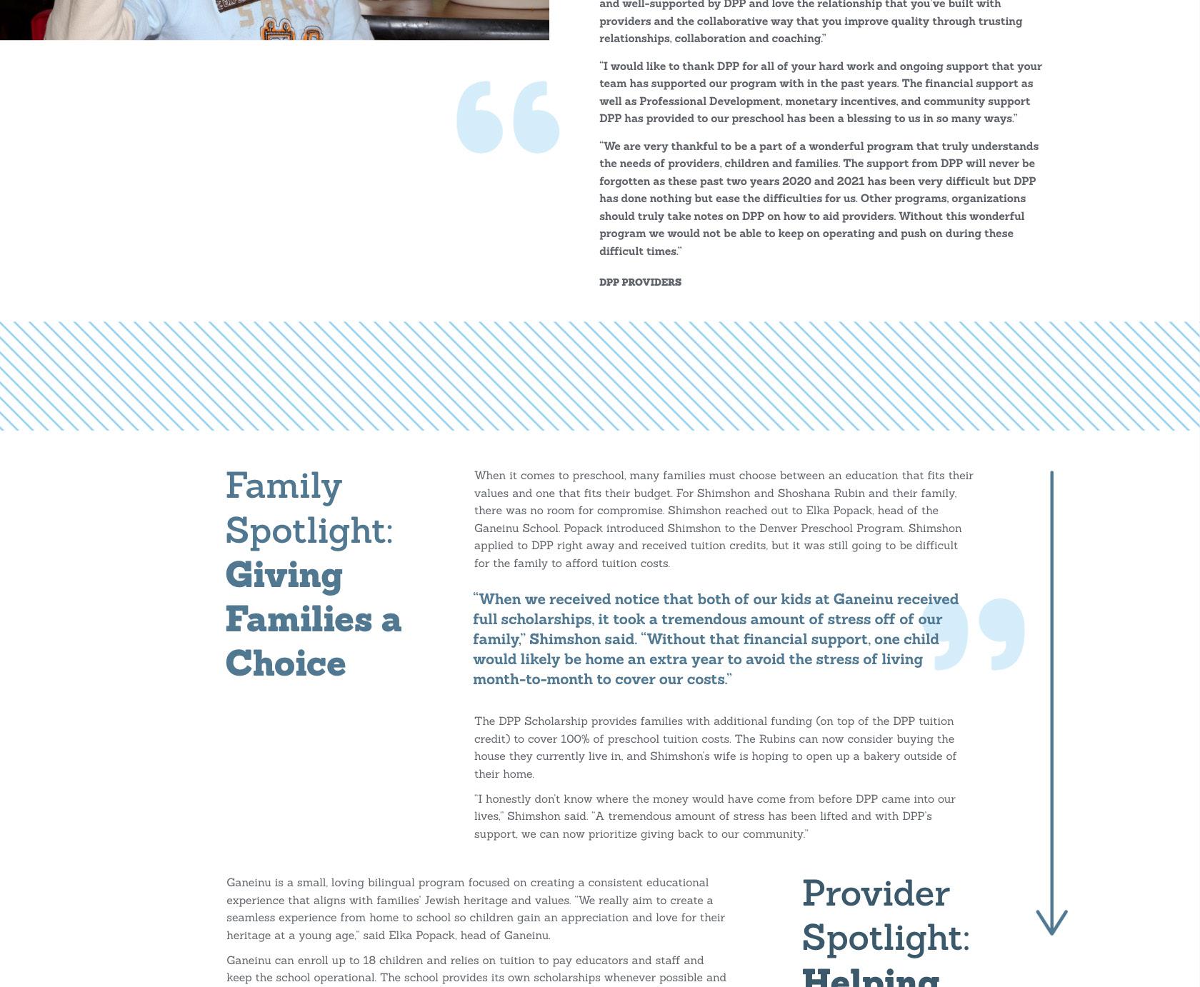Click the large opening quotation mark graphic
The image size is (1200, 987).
tap(508, 117)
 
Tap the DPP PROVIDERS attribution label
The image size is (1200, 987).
tap(640, 282)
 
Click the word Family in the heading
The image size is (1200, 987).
tap(284, 487)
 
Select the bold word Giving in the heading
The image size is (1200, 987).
tap(284, 576)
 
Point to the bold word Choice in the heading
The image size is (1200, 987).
tap(286, 663)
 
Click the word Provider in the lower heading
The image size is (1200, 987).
tap(876, 893)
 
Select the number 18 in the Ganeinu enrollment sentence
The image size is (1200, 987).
tap(369, 960)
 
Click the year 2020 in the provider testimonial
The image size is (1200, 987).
tap(796, 181)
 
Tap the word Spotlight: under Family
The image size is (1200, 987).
tap(309, 531)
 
